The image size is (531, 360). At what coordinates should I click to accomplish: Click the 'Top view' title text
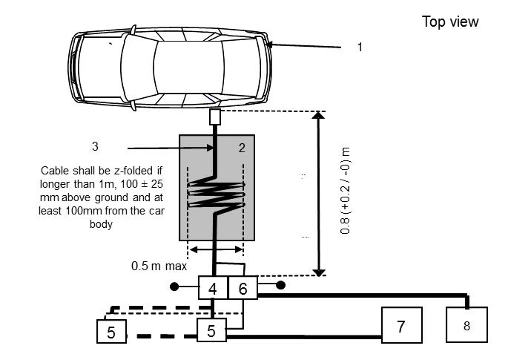pos(450,22)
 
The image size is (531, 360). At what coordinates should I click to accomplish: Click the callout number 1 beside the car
pos(360,47)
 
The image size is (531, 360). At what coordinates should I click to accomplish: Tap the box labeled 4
pos(213,289)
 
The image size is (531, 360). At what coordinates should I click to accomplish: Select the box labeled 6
pos(243,289)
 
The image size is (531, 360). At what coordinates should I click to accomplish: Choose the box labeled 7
pos(401,326)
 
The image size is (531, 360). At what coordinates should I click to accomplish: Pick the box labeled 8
pos(466,325)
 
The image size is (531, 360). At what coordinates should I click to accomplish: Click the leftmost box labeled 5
pos(111,332)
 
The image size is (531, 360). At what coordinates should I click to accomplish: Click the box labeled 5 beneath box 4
pos(211,331)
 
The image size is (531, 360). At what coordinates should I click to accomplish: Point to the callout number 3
pos(95,146)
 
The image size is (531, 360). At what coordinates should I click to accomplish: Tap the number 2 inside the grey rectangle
pos(242,148)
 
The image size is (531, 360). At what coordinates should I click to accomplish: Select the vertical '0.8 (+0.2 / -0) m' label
pos(346,192)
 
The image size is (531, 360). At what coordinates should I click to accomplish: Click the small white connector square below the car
pos(215,117)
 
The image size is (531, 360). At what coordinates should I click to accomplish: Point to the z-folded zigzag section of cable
pos(215,196)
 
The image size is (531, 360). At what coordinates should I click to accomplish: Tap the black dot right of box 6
pos(281,284)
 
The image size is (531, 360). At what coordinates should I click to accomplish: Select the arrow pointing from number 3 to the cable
pos(171,147)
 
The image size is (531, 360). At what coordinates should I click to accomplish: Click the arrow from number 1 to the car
pos(304,46)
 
